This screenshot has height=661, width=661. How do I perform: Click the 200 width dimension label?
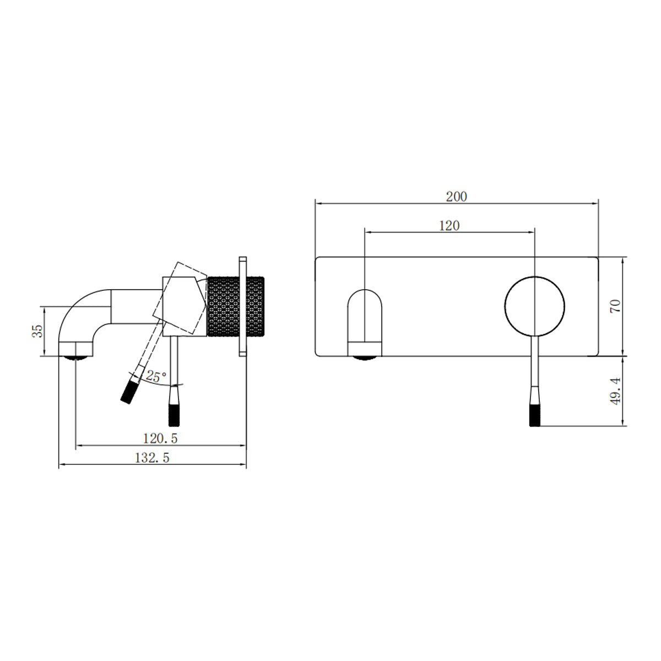(456, 196)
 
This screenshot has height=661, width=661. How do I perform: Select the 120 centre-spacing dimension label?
(449, 225)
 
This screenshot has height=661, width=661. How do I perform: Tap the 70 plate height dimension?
(615, 306)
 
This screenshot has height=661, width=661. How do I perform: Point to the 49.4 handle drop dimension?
(615, 391)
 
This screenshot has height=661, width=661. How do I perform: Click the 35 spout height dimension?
(37, 330)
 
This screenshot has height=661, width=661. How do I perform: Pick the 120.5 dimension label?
(160, 438)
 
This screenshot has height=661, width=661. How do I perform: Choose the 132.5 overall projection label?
(152, 458)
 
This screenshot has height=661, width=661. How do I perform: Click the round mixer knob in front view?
(534, 305)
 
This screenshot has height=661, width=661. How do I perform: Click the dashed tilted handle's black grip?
(129, 391)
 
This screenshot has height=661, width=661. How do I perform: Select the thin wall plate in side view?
(242, 306)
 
